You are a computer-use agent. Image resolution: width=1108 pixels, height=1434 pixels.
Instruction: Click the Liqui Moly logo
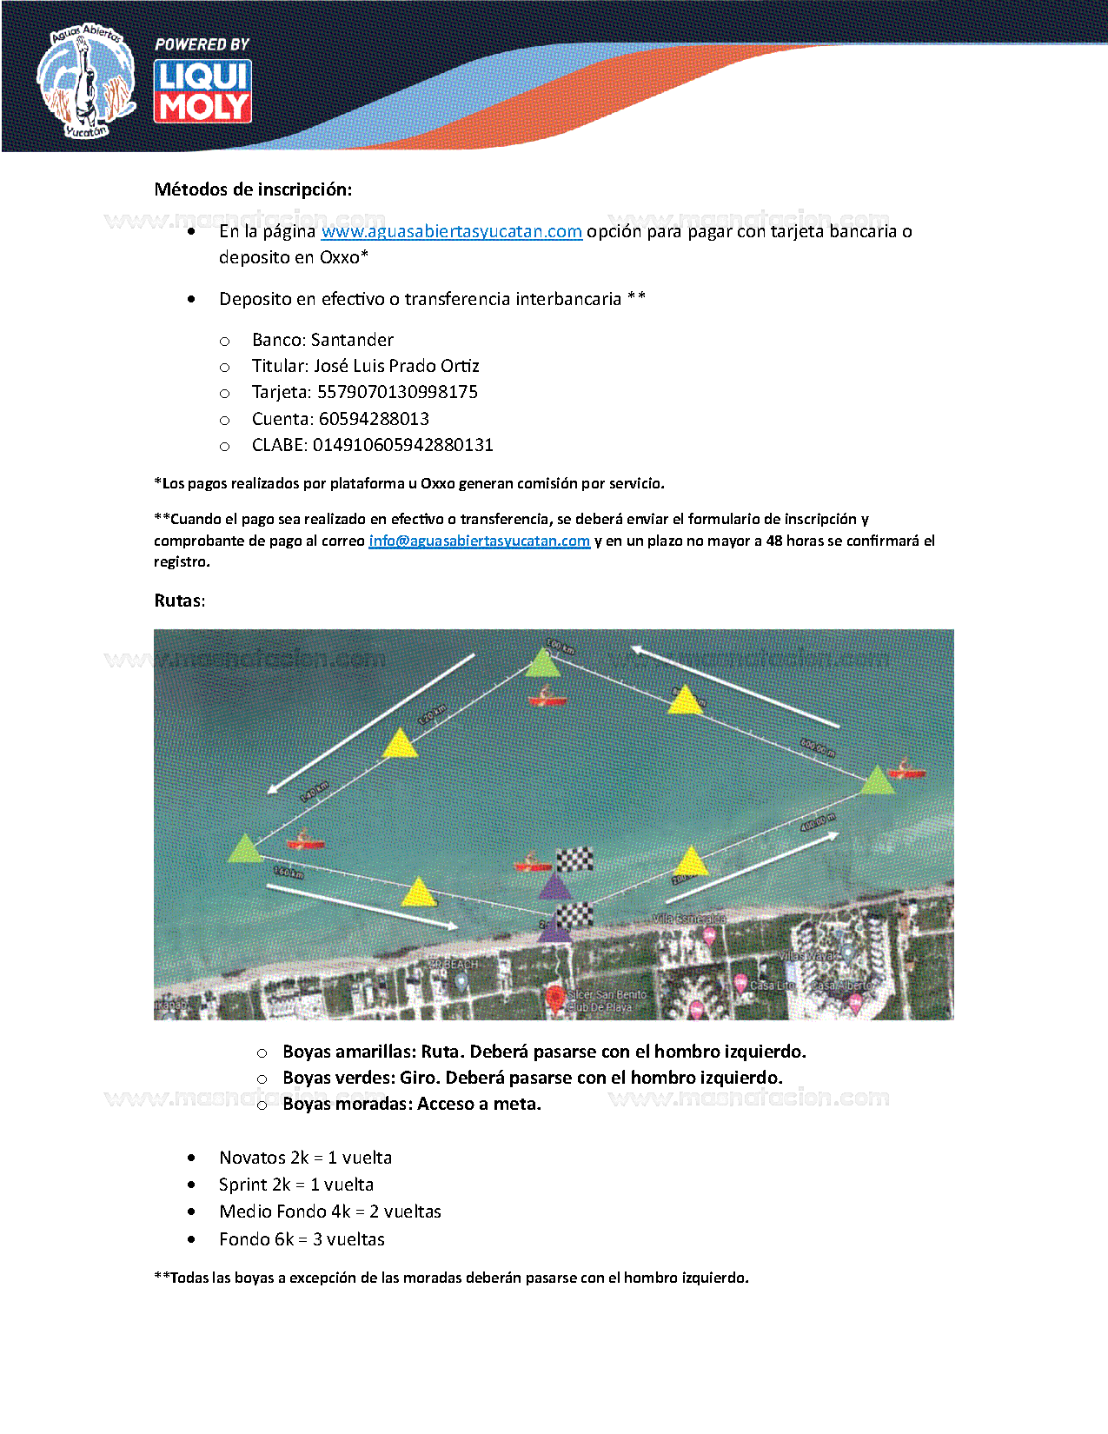(202, 90)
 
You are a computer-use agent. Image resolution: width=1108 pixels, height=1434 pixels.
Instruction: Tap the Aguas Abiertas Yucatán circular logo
(85, 81)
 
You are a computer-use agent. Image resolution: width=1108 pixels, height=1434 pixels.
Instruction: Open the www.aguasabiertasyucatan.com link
(451, 231)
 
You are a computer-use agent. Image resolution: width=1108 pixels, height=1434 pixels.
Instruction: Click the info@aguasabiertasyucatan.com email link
(479, 541)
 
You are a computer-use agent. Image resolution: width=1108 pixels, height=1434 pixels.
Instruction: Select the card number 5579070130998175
(397, 392)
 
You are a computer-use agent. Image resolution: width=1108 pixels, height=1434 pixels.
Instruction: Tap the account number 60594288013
(374, 419)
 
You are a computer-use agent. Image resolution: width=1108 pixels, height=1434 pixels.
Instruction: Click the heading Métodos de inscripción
(253, 189)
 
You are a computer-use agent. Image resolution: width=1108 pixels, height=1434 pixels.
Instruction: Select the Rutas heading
(179, 601)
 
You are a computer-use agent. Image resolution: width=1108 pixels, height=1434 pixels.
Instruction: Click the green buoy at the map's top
(543, 665)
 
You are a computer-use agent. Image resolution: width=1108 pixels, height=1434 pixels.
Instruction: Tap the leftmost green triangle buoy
(245, 849)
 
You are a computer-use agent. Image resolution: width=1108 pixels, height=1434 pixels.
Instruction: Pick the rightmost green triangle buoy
(877, 780)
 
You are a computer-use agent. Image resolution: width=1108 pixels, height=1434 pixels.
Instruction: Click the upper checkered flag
(574, 860)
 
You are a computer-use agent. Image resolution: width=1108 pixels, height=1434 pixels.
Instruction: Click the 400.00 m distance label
(818, 822)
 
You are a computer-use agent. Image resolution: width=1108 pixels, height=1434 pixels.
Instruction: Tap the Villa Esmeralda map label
(688, 919)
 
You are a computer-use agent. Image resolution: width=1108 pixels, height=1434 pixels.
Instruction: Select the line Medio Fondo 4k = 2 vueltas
(329, 1212)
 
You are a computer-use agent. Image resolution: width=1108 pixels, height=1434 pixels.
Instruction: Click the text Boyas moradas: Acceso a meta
(411, 1104)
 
